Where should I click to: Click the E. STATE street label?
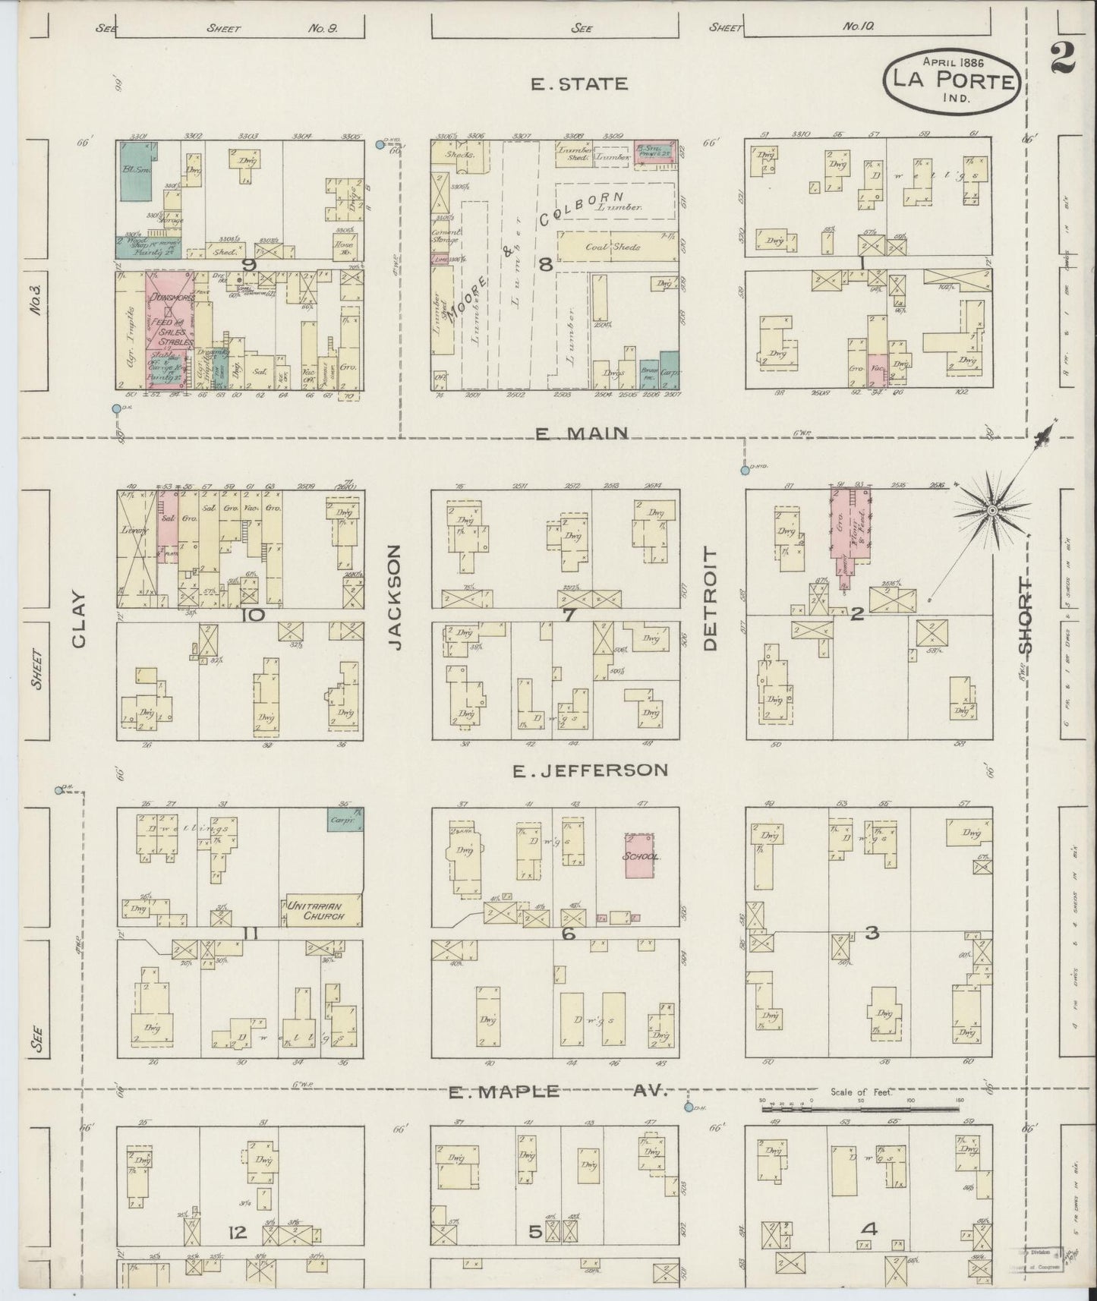click(579, 84)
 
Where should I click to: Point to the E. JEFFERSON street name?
click(590, 770)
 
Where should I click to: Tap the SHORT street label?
click(1025, 616)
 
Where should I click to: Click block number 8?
click(544, 264)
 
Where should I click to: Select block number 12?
click(238, 1233)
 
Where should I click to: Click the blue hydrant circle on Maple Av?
click(688, 1107)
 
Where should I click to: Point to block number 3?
click(872, 932)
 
